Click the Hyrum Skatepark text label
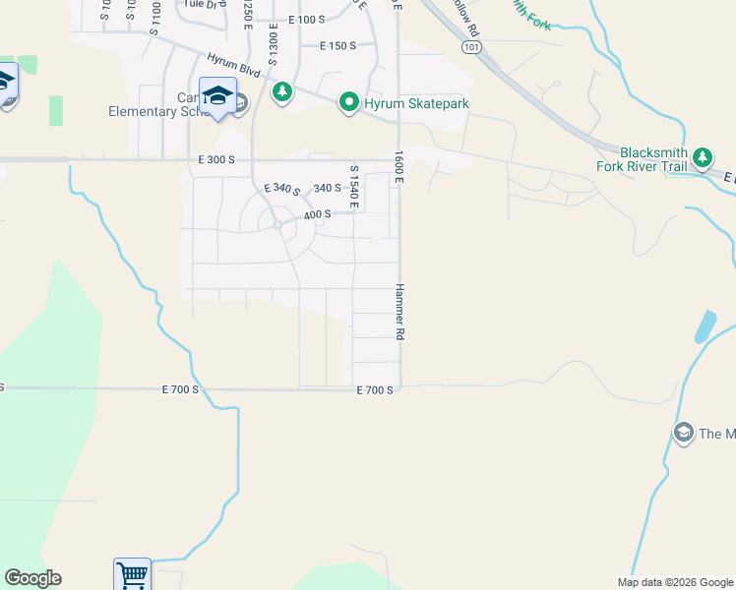click(x=415, y=103)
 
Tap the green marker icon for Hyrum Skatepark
click(x=348, y=102)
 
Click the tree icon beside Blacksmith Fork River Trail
click(x=702, y=157)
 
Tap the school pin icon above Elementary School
click(x=217, y=95)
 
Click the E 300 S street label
click(x=216, y=159)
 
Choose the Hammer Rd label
click(x=400, y=313)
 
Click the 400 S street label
click(x=317, y=214)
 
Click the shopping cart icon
click(x=132, y=574)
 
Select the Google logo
click(x=32, y=578)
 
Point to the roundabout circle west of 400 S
click(x=277, y=225)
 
